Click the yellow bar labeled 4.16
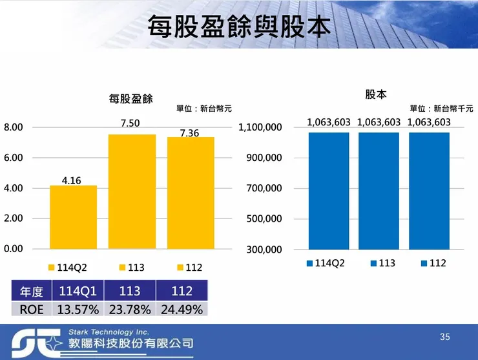73,217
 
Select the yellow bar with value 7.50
132,191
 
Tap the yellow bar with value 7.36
191,193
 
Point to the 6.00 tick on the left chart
13,158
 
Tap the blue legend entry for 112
433,263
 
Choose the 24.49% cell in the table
182,309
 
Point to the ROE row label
32,309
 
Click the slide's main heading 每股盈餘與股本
238,26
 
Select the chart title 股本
376,94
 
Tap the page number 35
444,337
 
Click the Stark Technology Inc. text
108,332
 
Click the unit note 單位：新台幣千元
441,109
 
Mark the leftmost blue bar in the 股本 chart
329,191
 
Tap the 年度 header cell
32,290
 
